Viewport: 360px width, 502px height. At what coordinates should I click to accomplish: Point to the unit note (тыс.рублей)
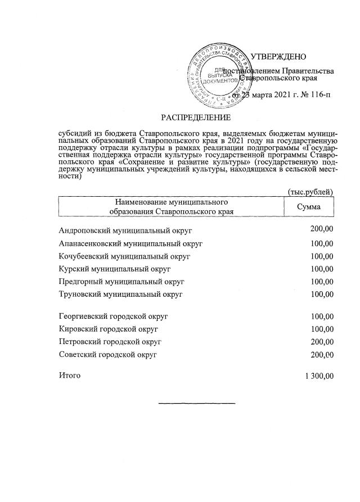[310, 192]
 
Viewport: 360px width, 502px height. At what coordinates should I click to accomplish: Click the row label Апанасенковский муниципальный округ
[130, 243]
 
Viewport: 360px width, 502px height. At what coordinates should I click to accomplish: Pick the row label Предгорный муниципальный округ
[121, 281]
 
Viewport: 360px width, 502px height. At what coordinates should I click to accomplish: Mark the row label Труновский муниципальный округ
[120, 293]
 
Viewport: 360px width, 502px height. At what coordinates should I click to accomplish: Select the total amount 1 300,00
[318, 376]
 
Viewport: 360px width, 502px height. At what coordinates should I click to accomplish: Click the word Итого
[70, 375]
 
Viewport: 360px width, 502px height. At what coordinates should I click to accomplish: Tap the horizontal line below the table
[196, 403]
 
